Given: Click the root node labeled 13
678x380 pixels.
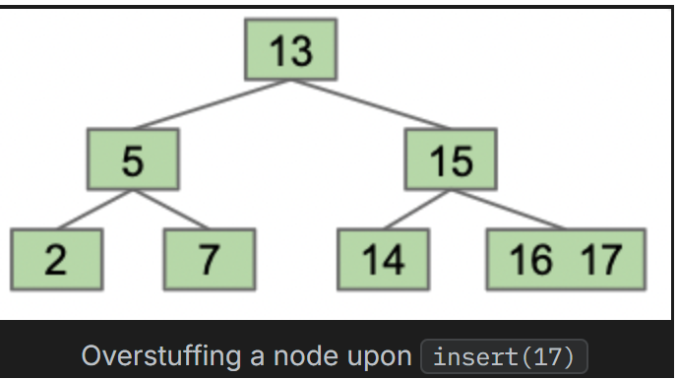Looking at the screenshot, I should pyautogui.click(x=290, y=49).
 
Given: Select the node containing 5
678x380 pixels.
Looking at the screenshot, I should pyautogui.click(x=133, y=159).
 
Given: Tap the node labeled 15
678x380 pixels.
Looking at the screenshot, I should pyautogui.click(x=451, y=159).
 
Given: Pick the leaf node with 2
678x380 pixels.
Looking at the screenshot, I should pyautogui.click(x=57, y=259).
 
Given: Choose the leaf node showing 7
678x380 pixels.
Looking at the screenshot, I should pyautogui.click(x=209, y=259).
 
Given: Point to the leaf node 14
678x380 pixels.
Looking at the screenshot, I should pyautogui.click(x=382, y=259).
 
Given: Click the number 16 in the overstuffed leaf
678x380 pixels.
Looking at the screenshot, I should pyautogui.click(x=529, y=259).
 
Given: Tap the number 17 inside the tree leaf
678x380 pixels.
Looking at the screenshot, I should pyautogui.click(x=600, y=259).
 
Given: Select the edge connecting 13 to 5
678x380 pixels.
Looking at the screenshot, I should pyautogui.click(x=212, y=104).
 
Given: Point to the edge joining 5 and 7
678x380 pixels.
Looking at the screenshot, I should pyautogui.click(x=171, y=209).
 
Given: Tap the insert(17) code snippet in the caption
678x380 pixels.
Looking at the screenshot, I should pyautogui.click(x=503, y=355).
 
